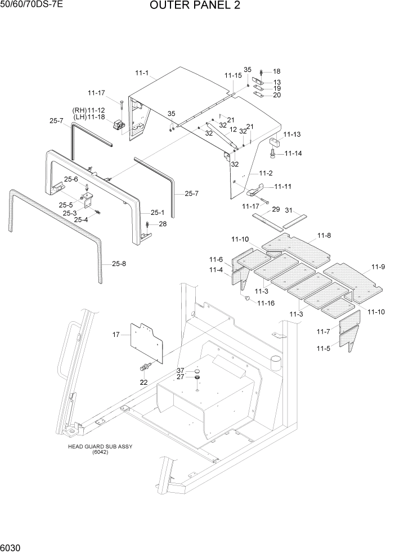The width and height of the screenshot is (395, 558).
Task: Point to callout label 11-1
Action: click(142, 73)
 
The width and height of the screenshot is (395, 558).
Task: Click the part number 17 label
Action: click(116, 335)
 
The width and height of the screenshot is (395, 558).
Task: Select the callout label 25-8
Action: click(119, 263)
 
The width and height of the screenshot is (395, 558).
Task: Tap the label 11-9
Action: click(378, 267)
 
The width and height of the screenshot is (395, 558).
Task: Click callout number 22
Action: click(144, 382)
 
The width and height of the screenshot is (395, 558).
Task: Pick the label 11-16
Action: click(266, 303)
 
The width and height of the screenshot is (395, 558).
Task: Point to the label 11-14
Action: click(293, 153)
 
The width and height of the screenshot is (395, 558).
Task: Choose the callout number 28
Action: click(163, 224)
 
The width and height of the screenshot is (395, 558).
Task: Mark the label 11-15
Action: click(232, 75)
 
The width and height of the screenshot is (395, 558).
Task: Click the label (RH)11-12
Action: click(88, 110)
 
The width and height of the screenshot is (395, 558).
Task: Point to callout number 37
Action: click(180, 370)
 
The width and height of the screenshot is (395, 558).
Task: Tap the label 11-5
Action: click(324, 349)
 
